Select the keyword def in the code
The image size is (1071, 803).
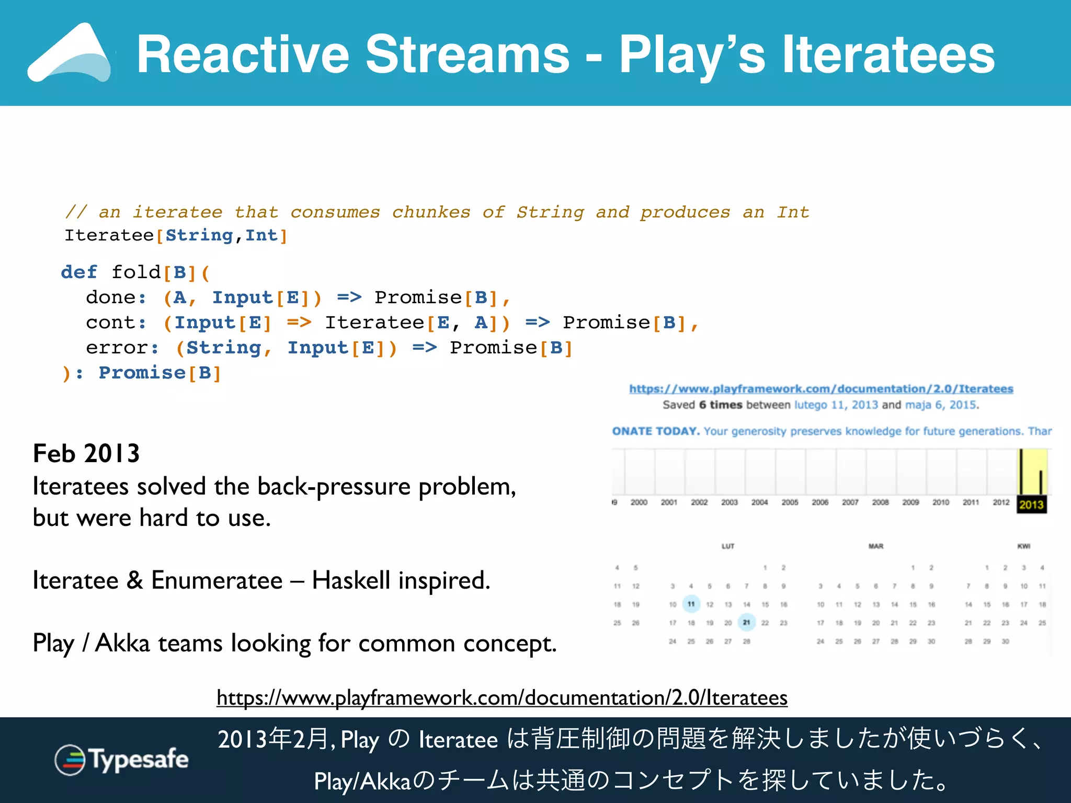pos(79,272)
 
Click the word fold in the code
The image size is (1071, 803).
pos(136,272)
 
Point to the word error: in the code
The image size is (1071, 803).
pos(122,348)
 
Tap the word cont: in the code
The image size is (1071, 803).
pos(116,323)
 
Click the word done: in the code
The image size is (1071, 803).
pos(116,297)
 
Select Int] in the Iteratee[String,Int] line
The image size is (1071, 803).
pos(266,235)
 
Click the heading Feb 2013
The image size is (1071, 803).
pos(86,453)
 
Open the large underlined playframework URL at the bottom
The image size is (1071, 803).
pos(502,698)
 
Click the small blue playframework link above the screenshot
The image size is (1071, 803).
pos(821,389)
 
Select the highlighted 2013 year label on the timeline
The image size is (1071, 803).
pos(1031,504)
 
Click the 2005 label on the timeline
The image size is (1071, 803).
pos(790,502)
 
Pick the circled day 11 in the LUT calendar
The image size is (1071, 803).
pos(691,604)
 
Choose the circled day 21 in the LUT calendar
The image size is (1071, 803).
pos(746,623)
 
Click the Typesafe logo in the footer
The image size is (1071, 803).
pos(121,760)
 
